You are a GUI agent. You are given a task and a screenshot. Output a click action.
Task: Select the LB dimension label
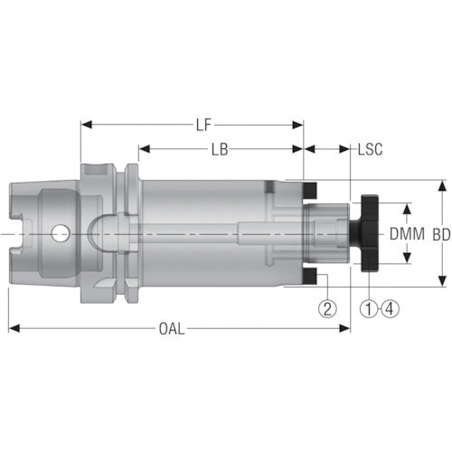click(219, 146)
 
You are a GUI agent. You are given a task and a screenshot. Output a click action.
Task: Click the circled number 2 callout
click(327, 308)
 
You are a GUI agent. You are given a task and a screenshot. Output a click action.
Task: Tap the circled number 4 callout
click(390, 308)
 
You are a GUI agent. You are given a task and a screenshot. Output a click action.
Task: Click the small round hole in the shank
click(60, 234)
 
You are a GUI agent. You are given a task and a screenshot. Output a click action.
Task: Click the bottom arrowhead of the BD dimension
click(441, 282)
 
